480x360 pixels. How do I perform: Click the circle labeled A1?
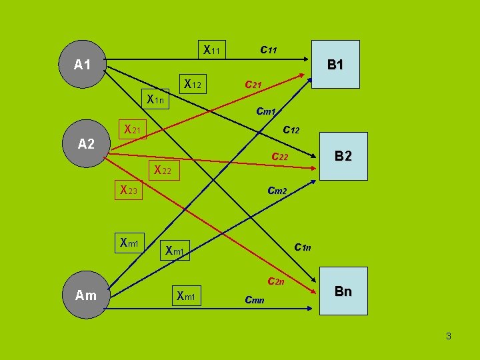tap(83, 65)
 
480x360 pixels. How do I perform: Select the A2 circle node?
tap(86, 143)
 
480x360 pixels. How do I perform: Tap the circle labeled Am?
tap(86, 295)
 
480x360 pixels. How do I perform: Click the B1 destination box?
tap(335, 65)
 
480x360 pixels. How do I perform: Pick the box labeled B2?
tap(343, 156)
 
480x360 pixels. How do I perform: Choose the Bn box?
tap(343, 291)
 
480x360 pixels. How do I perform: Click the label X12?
tap(193, 84)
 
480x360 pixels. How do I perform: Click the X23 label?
tap(129, 191)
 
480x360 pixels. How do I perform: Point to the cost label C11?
tap(269, 49)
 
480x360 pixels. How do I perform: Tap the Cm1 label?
tap(266, 111)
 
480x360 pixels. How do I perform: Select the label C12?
tap(291, 130)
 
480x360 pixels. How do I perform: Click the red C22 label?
tap(279, 157)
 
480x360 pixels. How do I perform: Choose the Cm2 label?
tap(277, 191)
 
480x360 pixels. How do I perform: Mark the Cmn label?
tap(255, 300)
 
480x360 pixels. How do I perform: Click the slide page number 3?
tap(449, 336)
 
